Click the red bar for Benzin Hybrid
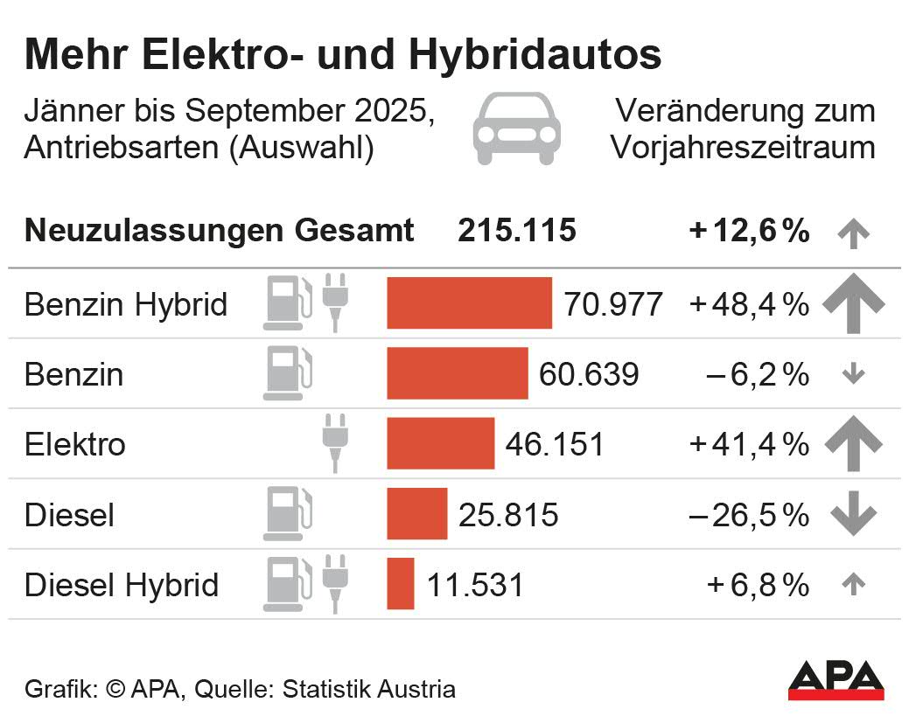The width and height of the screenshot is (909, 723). pos(469,303)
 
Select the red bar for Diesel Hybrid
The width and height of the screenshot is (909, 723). pos(401,583)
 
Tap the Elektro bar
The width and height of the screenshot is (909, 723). pos(440,443)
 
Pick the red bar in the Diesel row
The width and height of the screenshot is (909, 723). pos(416,513)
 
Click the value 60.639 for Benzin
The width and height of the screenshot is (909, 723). pos(589,374)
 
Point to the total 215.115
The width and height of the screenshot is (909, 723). pos(517,231)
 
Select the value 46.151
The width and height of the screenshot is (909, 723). pos(555,444)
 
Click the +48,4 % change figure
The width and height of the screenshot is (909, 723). pos(749,304)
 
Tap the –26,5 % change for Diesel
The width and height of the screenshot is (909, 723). pos(749,515)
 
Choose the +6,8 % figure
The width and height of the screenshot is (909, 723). pos(758,585)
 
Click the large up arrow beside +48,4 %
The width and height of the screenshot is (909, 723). pos(853,302)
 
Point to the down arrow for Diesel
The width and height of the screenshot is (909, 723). pos(853,514)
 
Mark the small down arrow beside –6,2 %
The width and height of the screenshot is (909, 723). pos(853,374)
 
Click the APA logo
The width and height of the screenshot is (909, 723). pos(836,680)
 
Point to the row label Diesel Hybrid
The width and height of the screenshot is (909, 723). pos(122,584)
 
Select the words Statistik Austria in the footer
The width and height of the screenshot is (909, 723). pos(368,689)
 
